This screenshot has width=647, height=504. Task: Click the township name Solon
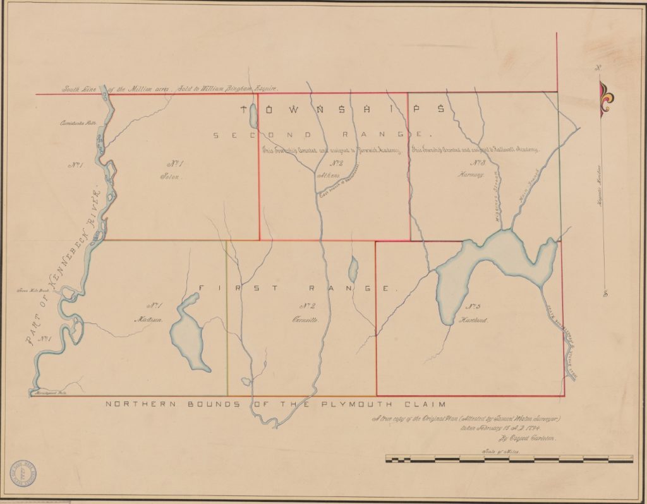[x=170, y=177]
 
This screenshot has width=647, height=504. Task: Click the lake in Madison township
[x=188, y=335]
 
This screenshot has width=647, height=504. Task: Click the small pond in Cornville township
[x=353, y=269]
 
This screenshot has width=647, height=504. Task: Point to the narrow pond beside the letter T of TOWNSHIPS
[x=252, y=116]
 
